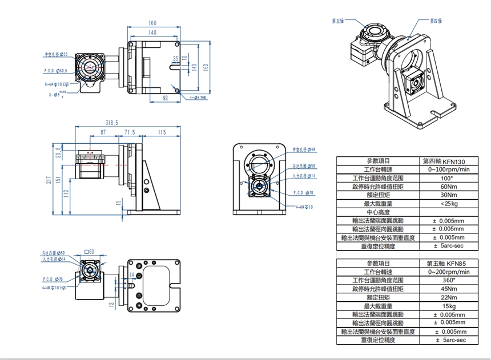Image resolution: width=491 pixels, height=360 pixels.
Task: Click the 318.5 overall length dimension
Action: click(x=111, y=123)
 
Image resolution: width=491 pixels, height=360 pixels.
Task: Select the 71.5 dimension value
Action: click(x=130, y=132)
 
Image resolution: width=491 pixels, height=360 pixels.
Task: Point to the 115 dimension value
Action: click(x=162, y=132)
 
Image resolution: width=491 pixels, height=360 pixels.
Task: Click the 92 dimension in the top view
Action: click(x=166, y=98)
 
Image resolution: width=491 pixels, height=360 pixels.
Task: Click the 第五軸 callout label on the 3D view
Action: click(x=337, y=21)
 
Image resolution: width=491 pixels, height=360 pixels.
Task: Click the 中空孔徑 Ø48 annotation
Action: click(x=303, y=149)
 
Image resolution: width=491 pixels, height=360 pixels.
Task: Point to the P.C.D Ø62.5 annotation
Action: click(x=56, y=70)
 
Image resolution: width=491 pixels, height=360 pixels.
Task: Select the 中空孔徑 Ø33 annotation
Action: click(x=56, y=54)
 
